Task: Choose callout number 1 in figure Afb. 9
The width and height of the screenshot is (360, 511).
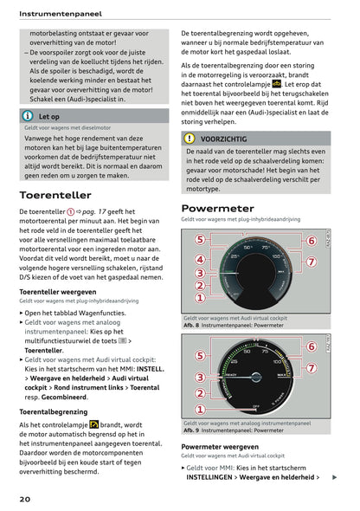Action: [x=199, y=410]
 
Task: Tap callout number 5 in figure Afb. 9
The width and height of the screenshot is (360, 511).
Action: [x=199, y=355]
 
